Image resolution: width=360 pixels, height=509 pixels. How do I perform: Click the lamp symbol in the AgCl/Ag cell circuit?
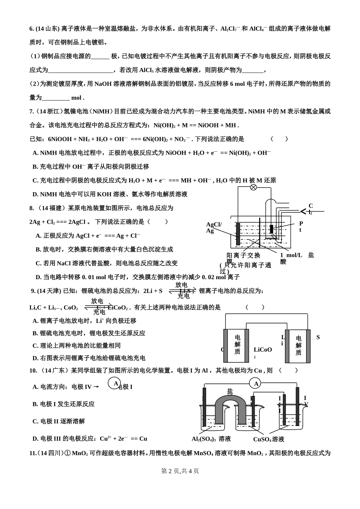[254, 187]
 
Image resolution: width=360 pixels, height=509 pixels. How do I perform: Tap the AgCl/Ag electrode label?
[213, 228]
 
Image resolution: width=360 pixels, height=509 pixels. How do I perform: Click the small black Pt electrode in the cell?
[271, 229]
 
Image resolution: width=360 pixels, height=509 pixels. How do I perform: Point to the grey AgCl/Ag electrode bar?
[238, 234]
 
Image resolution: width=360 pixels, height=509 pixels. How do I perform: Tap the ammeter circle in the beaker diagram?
[256, 384]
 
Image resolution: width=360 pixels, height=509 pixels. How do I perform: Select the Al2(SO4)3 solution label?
[211, 439]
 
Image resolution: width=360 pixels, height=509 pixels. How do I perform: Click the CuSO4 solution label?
[269, 439]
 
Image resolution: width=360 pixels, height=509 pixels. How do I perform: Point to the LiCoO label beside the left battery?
[263, 350]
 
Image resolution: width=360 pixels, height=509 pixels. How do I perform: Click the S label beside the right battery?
[318, 337]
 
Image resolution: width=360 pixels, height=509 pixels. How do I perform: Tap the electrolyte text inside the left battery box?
[237, 344]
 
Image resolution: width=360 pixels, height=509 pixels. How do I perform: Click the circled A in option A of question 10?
[114, 383]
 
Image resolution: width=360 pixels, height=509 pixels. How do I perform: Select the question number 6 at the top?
[32, 28]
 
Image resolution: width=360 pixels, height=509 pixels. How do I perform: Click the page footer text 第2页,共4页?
[180, 471]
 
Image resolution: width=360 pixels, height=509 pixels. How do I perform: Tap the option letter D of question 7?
[35, 194]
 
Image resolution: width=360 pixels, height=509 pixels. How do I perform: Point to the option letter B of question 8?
[38, 249]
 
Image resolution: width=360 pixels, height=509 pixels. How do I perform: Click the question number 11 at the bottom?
[33, 453]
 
